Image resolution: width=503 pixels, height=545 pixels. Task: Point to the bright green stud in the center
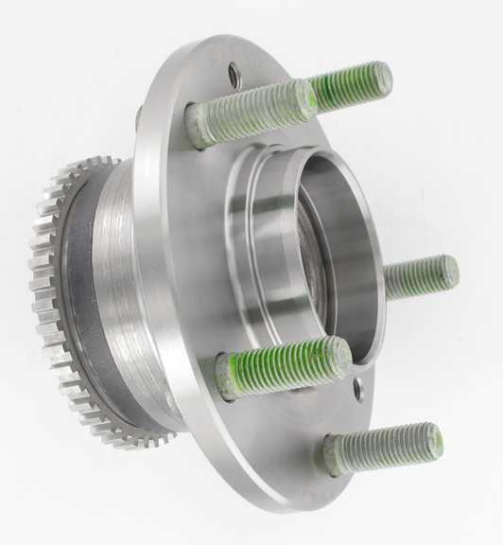click(x=284, y=365)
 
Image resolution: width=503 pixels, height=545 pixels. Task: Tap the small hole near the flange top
click(x=234, y=74)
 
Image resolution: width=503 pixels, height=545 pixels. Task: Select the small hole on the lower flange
click(x=359, y=390)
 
